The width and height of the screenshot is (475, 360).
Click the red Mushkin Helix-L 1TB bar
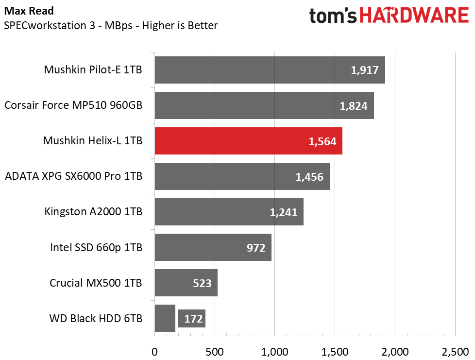click(x=248, y=141)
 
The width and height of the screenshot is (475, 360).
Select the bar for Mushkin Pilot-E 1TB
click(x=270, y=70)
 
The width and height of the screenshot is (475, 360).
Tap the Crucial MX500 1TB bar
click(x=186, y=283)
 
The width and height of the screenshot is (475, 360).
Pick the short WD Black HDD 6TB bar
click(x=165, y=318)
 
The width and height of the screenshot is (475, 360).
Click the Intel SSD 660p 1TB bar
click(x=213, y=247)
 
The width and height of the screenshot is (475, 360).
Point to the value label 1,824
click(x=353, y=106)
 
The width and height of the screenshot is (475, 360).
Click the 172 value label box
click(x=192, y=319)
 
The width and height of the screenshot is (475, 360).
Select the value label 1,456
click(x=309, y=177)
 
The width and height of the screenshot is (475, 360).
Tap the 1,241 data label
click(x=284, y=212)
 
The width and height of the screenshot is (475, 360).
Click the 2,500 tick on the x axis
click(x=455, y=352)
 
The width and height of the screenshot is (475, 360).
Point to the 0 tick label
click(x=154, y=352)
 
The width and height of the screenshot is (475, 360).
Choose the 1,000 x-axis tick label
click(x=275, y=352)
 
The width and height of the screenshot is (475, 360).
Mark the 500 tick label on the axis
click(x=215, y=352)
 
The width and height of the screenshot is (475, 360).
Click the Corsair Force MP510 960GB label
click(x=73, y=105)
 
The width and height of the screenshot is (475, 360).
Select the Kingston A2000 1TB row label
click(x=93, y=211)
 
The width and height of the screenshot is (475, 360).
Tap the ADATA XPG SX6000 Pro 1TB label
click(x=74, y=176)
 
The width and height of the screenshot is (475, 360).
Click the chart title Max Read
click(x=29, y=11)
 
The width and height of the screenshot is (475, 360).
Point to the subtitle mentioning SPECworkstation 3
click(x=111, y=25)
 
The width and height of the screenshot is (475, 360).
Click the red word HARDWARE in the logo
click(x=414, y=16)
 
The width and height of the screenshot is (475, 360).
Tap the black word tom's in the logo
click(x=333, y=16)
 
